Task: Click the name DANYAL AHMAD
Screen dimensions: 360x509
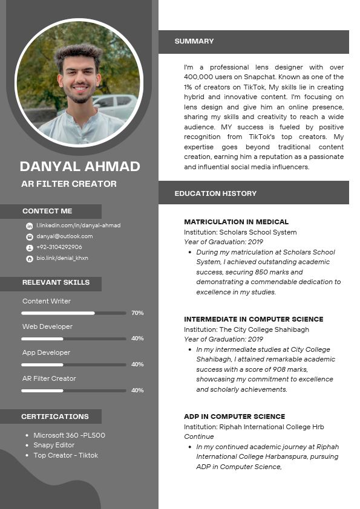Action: (80, 166)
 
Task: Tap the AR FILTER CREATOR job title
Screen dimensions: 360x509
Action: (69, 184)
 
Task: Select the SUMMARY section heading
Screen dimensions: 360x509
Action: (194, 41)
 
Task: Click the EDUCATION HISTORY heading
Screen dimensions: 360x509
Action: (215, 193)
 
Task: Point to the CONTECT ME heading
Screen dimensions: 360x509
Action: (47, 211)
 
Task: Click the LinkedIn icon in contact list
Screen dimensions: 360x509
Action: (29, 226)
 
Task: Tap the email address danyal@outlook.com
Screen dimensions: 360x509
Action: (65, 236)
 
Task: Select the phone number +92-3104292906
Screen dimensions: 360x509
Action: (59, 247)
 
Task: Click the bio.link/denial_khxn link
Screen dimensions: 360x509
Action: (62, 258)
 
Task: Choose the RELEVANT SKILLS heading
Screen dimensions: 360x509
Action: (56, 282)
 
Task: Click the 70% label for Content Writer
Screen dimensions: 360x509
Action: (137, 313)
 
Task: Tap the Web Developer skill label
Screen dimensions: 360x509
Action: (47, 326)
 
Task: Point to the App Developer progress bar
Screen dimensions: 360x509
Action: (73, 365)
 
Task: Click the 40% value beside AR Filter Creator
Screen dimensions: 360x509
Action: (137, 391)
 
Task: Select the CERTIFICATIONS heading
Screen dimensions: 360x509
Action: (55, 417)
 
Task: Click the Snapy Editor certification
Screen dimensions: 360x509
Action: (54, 446)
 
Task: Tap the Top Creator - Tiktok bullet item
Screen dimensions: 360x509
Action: (65, 455)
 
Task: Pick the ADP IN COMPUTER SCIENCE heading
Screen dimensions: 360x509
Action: (234, 417)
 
